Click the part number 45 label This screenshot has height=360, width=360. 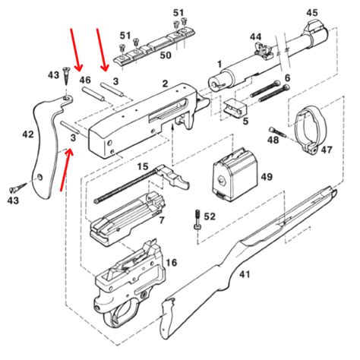tap(312, 13)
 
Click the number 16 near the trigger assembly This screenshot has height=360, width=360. tap(171, 262)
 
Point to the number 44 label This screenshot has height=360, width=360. tap(255, 36)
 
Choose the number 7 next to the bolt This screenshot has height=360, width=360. tap(161, 219)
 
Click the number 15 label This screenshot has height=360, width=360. tap(142, 166)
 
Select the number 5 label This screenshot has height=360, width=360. tap(245, 121)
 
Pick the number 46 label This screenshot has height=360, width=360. tap(85, 80)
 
